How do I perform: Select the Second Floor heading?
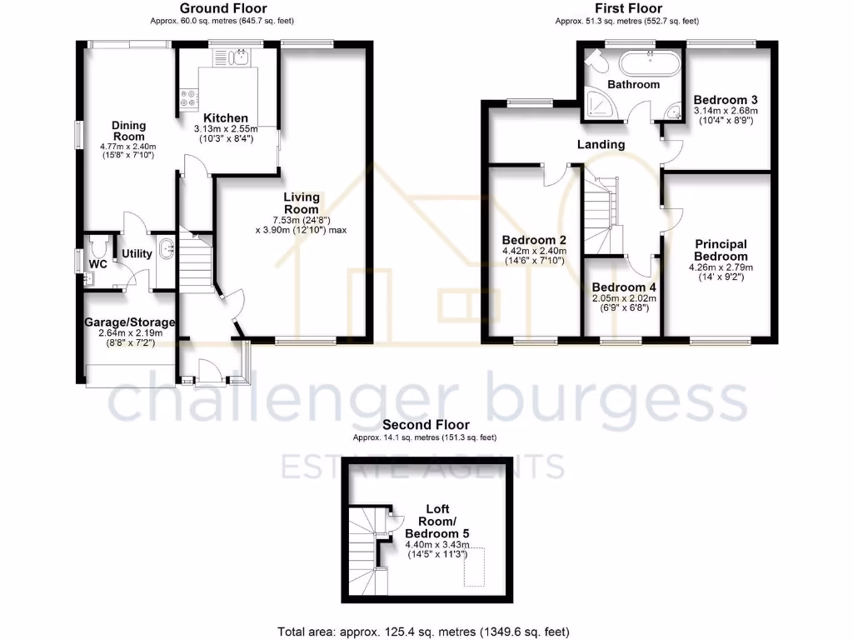coord(426,425)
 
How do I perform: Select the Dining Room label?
coord(129,131)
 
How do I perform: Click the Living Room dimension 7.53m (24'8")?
coord(301,219)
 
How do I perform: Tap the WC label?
coord(98,264)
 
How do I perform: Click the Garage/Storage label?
coord(129,322)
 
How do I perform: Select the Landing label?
coord(601,144)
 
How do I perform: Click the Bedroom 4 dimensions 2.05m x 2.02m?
coord(624,297)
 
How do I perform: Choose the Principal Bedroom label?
coord(721,249)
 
